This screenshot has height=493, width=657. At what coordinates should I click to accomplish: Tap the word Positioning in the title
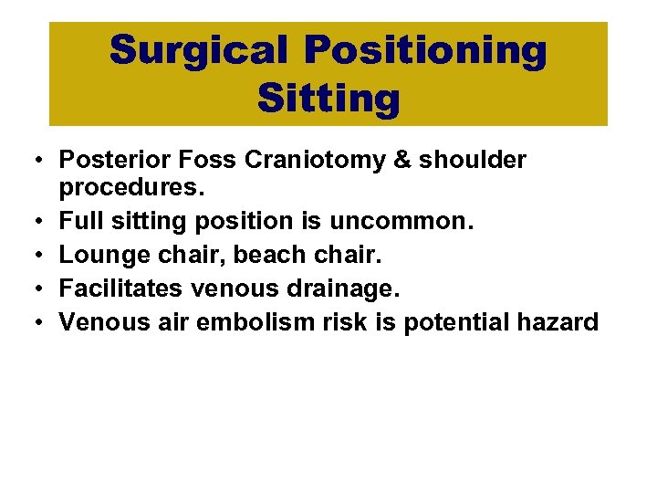pos(426,51)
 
